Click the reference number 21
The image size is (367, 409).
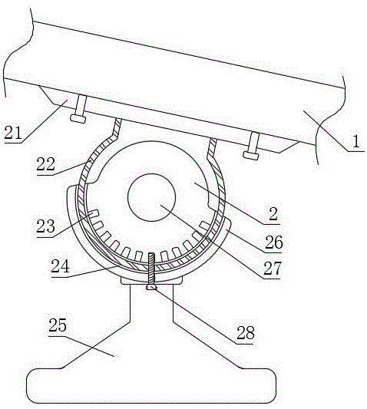pos(13,133)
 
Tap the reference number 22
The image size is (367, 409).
pos(46,164)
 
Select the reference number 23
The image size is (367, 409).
pos(45,226)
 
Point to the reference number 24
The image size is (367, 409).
pos(61,266)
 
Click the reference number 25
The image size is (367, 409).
pos(58,325)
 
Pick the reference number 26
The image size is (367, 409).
pos(274,242)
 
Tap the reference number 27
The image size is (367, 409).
pos(273,268)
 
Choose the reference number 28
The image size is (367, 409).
pos(246,333)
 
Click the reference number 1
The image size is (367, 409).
pos(356,142)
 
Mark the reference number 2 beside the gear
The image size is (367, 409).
pos(273,214)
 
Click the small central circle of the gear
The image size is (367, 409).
pos(151,197)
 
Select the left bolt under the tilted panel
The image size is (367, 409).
pos(79,109)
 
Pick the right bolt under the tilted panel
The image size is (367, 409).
pos(252,146)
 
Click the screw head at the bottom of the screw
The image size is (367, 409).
pos(152,287)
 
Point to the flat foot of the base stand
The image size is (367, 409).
pos(151,386)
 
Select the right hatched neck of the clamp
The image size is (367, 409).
pos(212,148)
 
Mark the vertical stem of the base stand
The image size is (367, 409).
pos(151,302)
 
